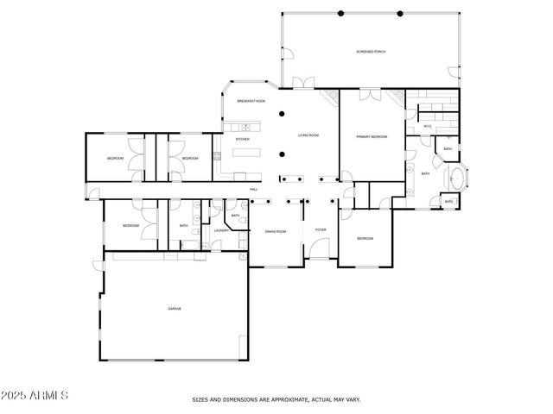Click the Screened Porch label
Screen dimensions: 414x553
pyautogui.click(x=371, y=52)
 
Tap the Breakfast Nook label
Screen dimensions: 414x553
pyautogui.click(x=251, y=101)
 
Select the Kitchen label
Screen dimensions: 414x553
pyautogui.click(x=243, y=139)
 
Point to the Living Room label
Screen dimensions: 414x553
pyautogui.click(x=308, y=135)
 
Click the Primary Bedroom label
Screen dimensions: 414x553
pyautogui.click(x=372, y=136)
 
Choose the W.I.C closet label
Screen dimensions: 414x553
pyautogui.click(x=427, y=127)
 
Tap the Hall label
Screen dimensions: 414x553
pyautogui.click(x=254, y=189)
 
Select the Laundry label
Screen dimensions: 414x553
pyautogui.click(x=220, y=230)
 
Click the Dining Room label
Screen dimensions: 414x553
pyautogui.click(x=275, y=231)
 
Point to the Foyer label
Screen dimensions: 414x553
pyautogui.click(x=320, y=230)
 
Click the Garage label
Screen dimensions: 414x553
pyautogui.click(x=174, y=308)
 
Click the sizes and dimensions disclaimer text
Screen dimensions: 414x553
pyautogui.click(x=276, y=399)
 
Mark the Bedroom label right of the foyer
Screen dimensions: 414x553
pyautogui.click(x=365, y=238)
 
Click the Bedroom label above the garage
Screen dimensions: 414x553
pyautogui.click(x=130, y=226)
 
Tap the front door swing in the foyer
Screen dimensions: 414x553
pyautogui.click(x=319, y=252)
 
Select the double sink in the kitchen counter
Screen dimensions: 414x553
pyautogui.click(x=232, y=128)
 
